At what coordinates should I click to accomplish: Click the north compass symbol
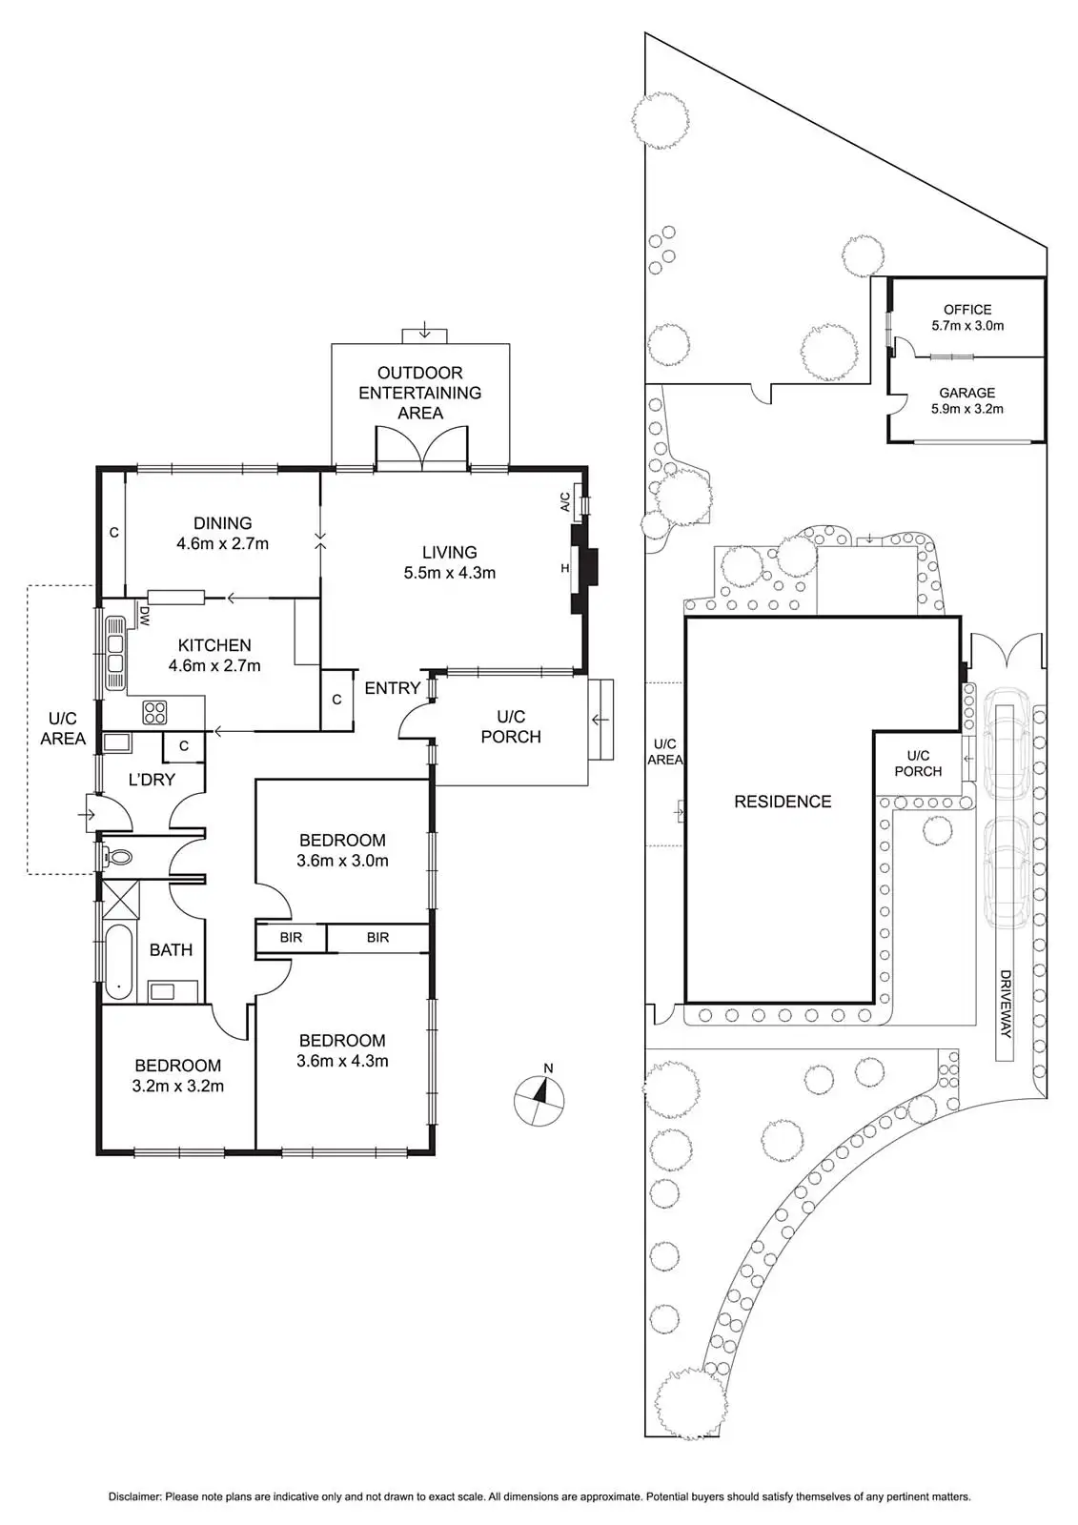[x=539, y=1099]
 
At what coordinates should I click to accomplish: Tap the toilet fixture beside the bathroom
[x=119, y=857]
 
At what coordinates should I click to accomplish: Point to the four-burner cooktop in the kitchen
[x=154, y=712]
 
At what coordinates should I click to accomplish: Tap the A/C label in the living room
[x=565, y=501]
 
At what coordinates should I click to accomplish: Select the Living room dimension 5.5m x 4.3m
[x=450, y=573]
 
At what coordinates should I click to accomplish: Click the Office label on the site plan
[x=967, y=310]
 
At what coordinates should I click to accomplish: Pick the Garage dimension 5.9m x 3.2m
[x=967, y=409]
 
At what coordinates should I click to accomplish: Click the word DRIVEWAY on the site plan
[x=1005, y=1004]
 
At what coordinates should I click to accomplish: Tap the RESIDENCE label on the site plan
[x=783, y=802]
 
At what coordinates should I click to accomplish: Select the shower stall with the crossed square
[x=121, y=900]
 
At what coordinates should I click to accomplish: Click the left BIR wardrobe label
[x=291, y=938]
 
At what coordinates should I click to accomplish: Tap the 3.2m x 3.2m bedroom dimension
[x=178, y=1086]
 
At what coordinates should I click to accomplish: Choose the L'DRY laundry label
[x=152, y=780]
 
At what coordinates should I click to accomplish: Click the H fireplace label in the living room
[x=565, y=569]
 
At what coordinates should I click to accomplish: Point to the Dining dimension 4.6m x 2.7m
[x=222, y=544]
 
